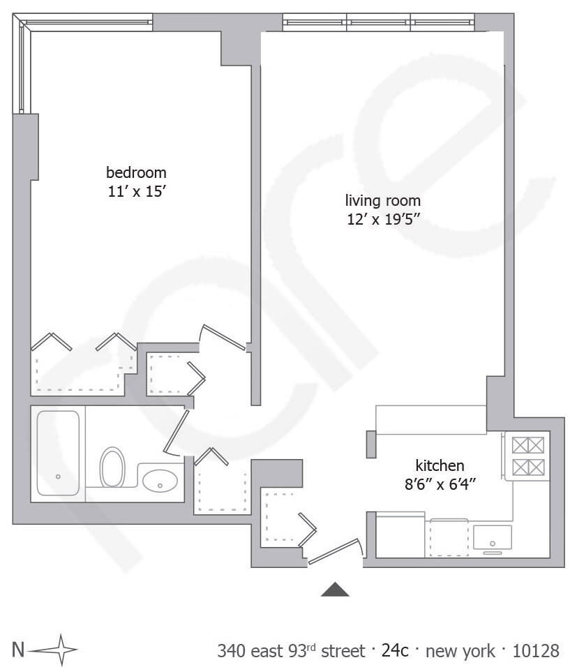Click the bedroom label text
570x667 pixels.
click(136, 172)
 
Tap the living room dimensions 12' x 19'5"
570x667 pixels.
click(383, 220)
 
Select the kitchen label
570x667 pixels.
click(440, 465)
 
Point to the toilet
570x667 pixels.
click(112, 467)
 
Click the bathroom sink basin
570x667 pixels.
click(160, 480)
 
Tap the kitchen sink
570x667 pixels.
click(492, 537)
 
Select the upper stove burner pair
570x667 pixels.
click(527, 445)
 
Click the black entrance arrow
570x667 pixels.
click(335, 590)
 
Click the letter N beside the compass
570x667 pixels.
click(18, 650)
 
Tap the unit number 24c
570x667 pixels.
click(395, 651)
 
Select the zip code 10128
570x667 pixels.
click(536, 651)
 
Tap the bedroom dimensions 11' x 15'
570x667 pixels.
click(136, 190)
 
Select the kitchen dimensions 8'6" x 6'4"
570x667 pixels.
click(440, 483)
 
